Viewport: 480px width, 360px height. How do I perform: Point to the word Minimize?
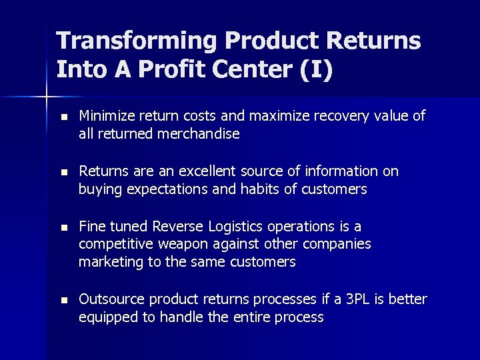(107, 117)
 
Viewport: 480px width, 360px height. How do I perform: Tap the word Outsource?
(111, 299)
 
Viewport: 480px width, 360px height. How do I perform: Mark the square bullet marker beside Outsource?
(63, 300)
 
